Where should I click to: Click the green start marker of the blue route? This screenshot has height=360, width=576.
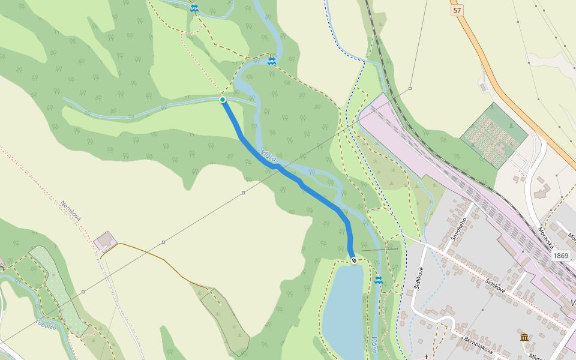click(223, 100)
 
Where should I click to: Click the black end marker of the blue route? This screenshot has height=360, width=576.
click(354, 260)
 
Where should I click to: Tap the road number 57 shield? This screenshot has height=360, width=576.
click(458, 10)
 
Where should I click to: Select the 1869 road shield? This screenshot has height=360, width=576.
click(560, 256)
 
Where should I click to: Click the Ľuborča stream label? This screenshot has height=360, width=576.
click(46, 325)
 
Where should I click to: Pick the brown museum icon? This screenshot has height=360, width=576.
click(524, 337)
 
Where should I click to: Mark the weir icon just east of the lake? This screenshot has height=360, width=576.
click(379, 280)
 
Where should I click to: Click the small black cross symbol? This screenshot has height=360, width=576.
click(427, 356)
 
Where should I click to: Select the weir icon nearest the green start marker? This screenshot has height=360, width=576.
click(272, 61)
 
